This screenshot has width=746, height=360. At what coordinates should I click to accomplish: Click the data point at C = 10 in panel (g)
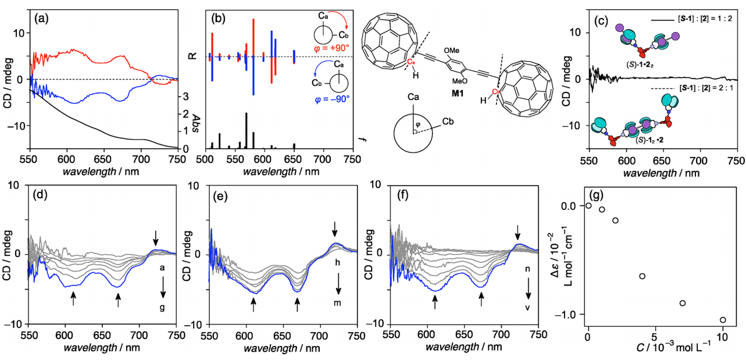click(723, 319)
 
